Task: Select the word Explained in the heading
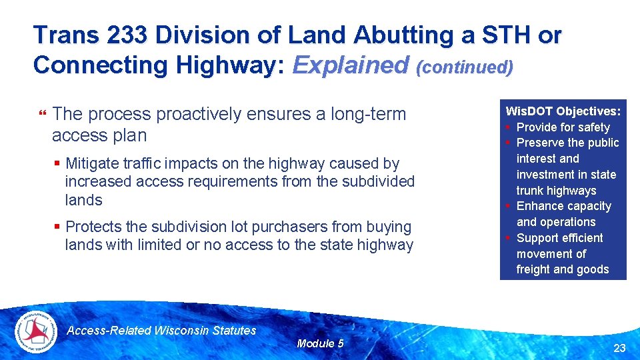[x=351, y=65]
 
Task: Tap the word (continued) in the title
[x=465, y=67]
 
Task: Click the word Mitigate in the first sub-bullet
[x=93, y=163]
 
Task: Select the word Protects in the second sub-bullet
[x=93, y=227]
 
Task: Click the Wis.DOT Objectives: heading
[x=563, y=111]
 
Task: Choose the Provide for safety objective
[x=563, y=127]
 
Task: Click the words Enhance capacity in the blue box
[x=563, y=206]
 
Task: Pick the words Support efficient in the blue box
[x=559, y=238]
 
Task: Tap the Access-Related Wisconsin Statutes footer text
[x=162, y=330]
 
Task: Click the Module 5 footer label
[x=320, y=343]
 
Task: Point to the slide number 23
[x=619, y=347]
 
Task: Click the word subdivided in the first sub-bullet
[x=381, y=181]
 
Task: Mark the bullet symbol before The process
[x=43, y=115]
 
